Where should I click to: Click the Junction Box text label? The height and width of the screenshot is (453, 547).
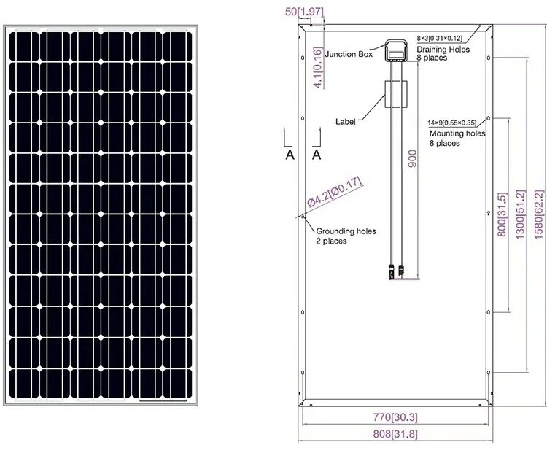pyautogui.click(x=349, y=54)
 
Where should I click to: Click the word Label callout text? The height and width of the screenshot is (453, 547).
pyautogui.click(x=346, y=121)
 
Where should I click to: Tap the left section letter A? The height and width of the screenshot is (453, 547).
pyautogui.click(x=290, y=155)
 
